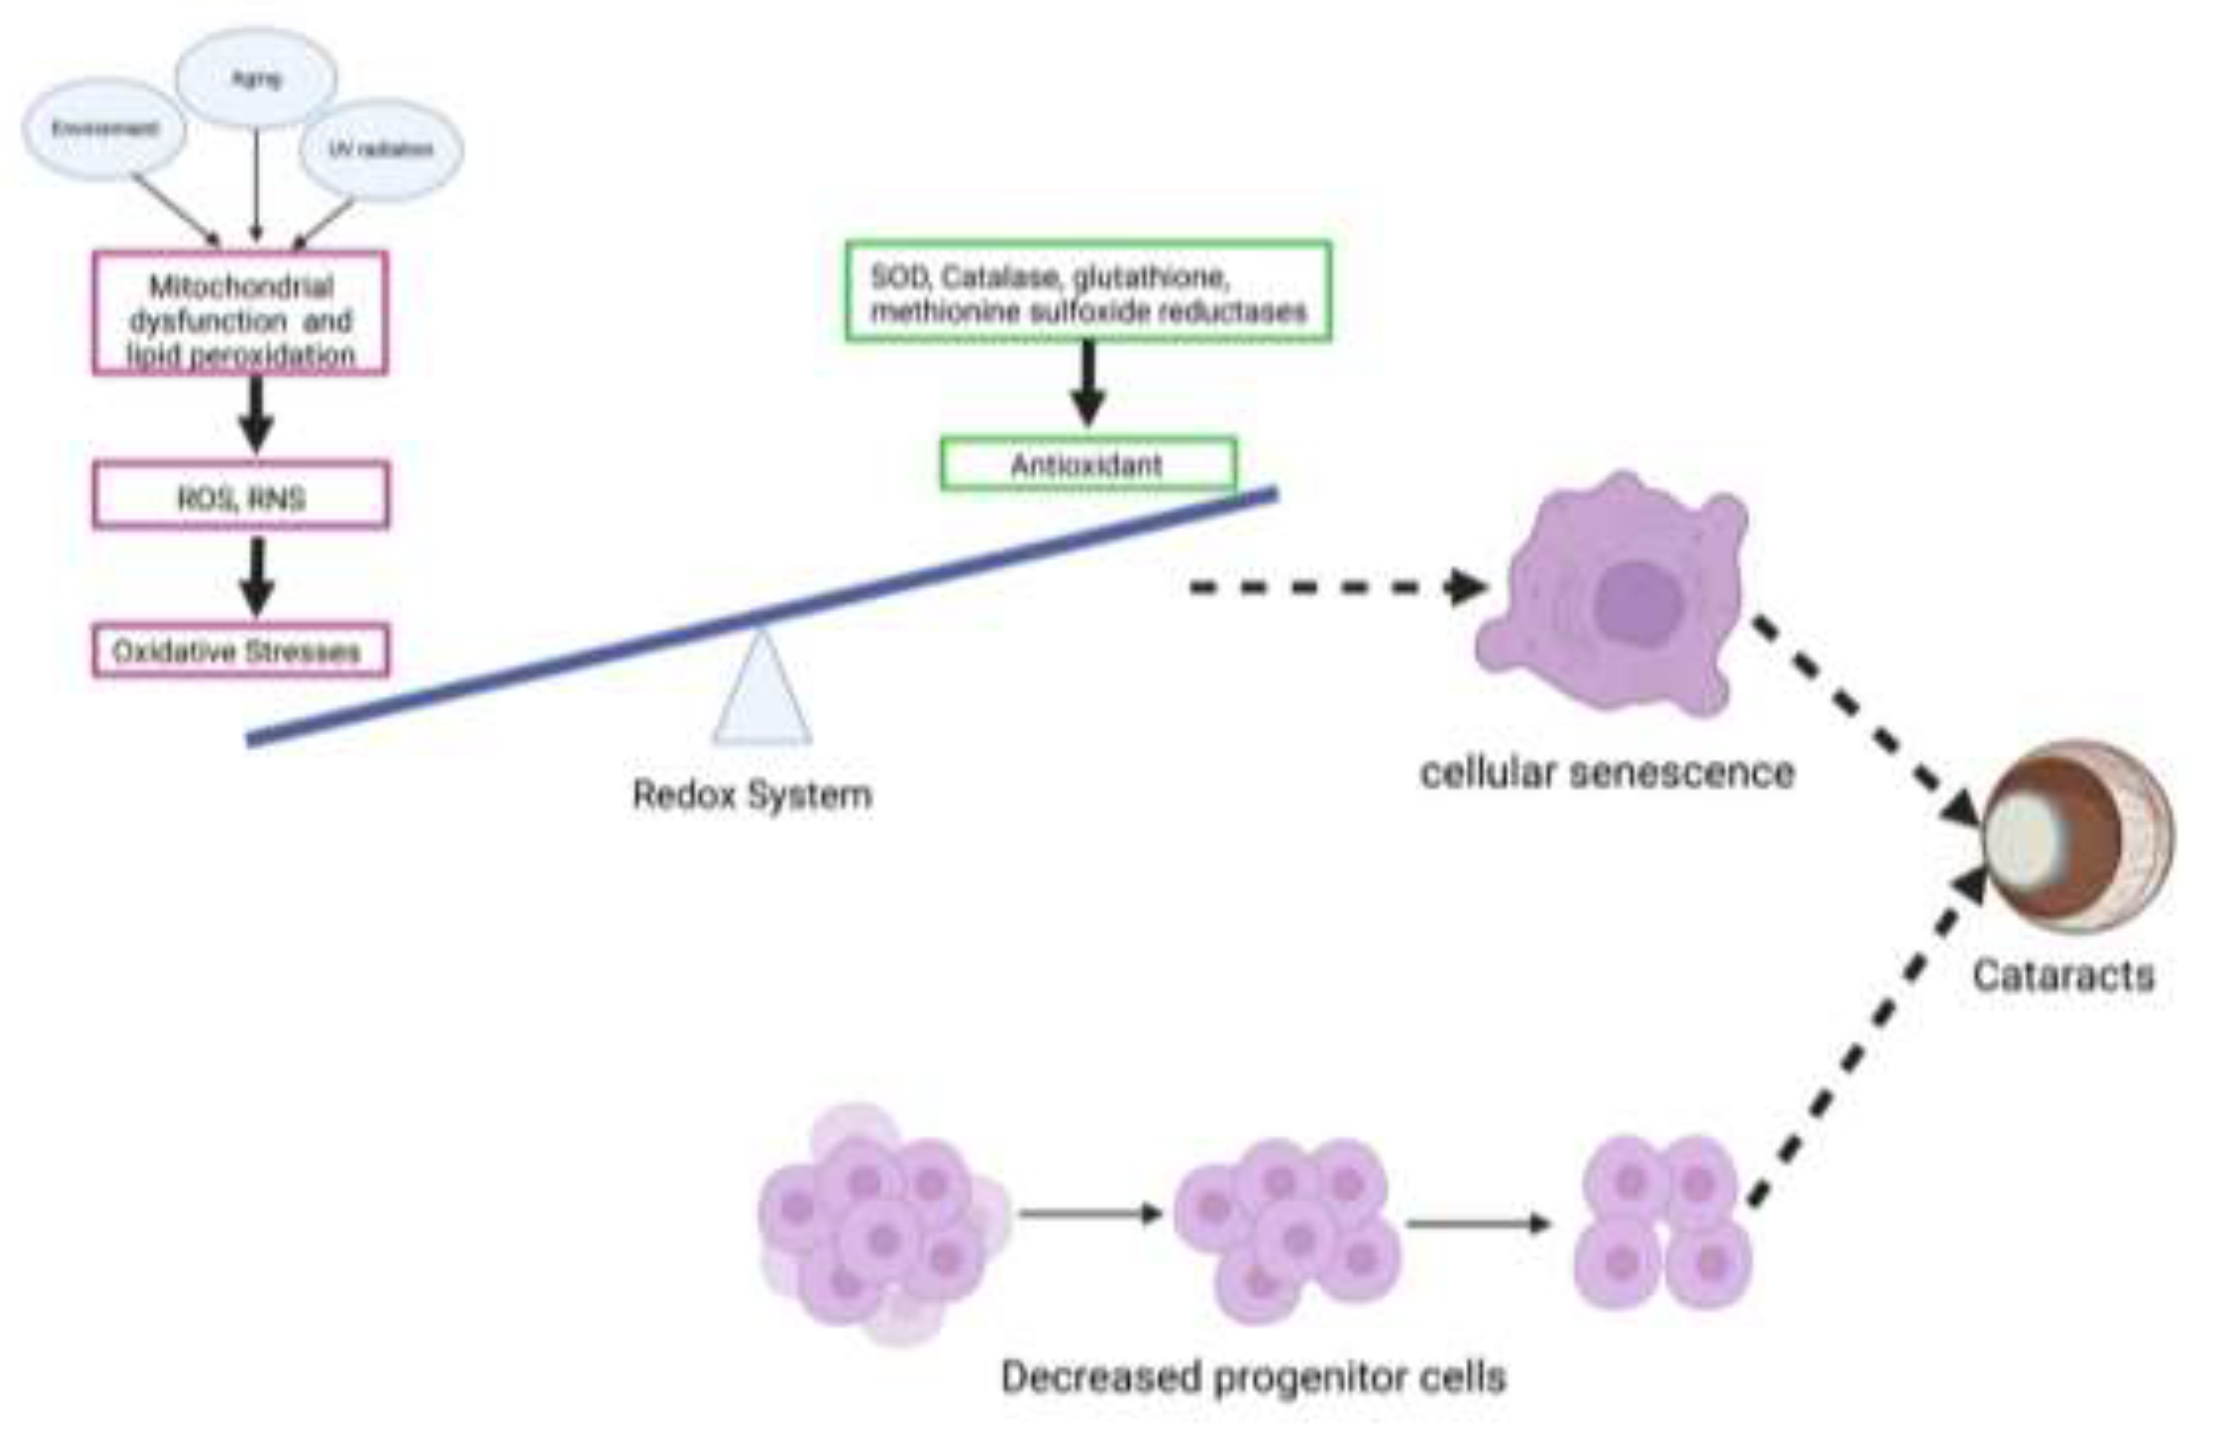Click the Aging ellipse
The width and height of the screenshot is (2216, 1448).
tap(256, 79)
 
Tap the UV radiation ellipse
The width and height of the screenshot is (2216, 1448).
tap(381, 149)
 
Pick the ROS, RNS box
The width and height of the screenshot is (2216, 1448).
tap(240, 496)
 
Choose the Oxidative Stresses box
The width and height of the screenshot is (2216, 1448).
tap(240, 650)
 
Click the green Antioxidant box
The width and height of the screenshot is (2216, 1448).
tap(1088, 463)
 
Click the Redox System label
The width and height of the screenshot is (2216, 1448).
tap(752, 795)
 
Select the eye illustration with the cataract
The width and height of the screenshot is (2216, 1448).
tap(2078, 835)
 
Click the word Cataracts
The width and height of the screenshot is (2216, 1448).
tap(2062, 976)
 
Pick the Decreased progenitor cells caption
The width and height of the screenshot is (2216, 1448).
tap(1252, 1376)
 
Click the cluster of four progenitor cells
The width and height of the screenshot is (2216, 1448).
tap(1662, 1223)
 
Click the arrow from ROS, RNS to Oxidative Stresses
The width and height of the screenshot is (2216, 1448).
tap(257, 576)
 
